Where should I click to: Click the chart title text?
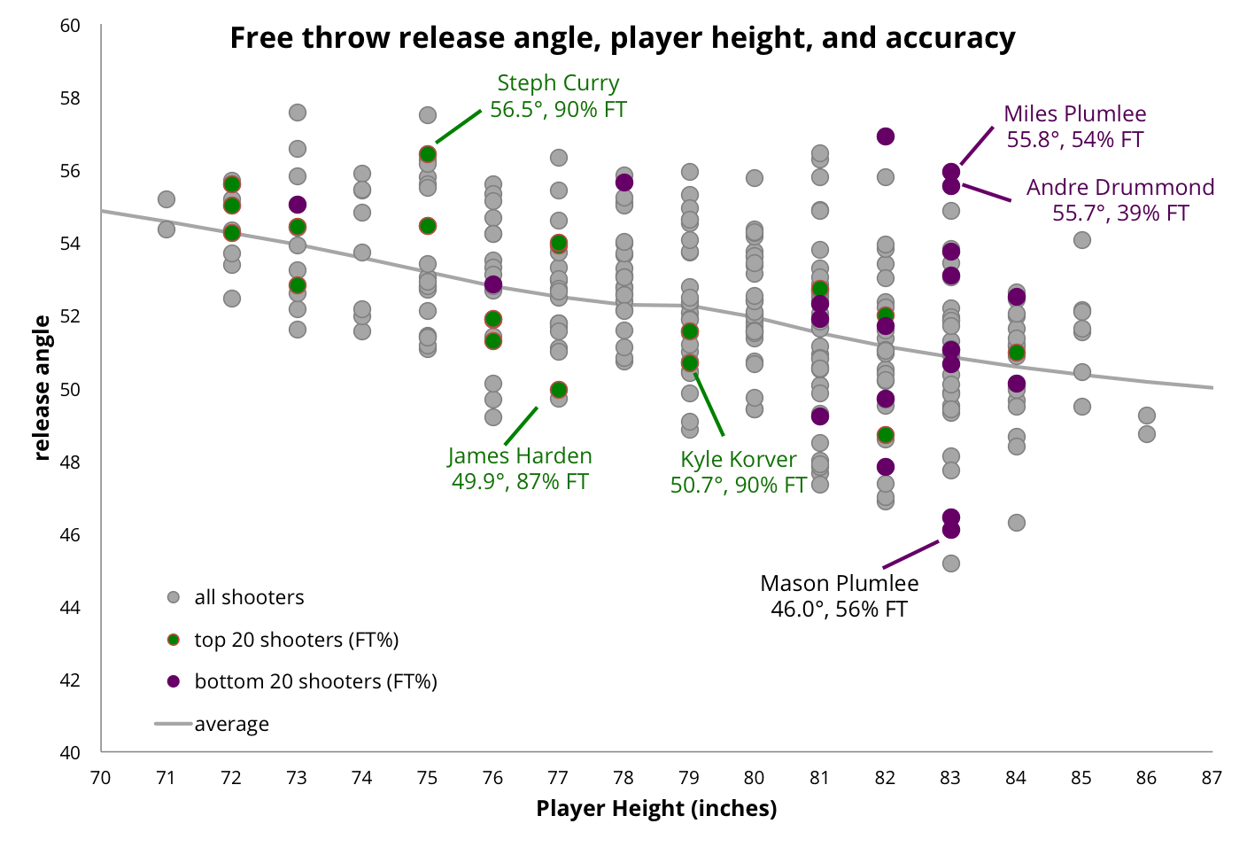click(x=622, y=38)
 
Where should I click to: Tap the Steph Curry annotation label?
click(x=558, y=96)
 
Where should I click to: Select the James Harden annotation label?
click(x=520, y=469)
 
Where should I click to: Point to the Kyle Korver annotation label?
click(x=738, y=472)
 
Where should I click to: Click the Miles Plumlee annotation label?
click(x=1074, y=127)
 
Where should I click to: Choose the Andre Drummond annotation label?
click(x=1119, y=200)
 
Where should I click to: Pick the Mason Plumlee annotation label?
click(x=839, y=596)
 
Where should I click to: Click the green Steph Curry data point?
click(x=428, y=154)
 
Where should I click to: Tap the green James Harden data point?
click(x=559, y=390)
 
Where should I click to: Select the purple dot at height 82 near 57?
click(x=886, y=136)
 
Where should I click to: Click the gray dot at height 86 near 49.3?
click(x=1147, y=416)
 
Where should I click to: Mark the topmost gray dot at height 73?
click(x=298, y=113)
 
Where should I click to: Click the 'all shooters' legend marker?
click(x=174, y=597)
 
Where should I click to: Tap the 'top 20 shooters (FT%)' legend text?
click(x=296, y=640)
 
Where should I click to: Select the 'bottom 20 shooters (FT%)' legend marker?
click(x=174, y=681)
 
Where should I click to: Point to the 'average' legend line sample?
click(x=174, y=724)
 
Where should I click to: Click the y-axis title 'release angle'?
click(x=42, y=388)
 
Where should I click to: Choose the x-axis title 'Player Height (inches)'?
click(x=656, y=808)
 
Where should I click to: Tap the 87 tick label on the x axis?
click(x=1212, y=778)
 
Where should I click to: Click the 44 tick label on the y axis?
click(x=70, y=607)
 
